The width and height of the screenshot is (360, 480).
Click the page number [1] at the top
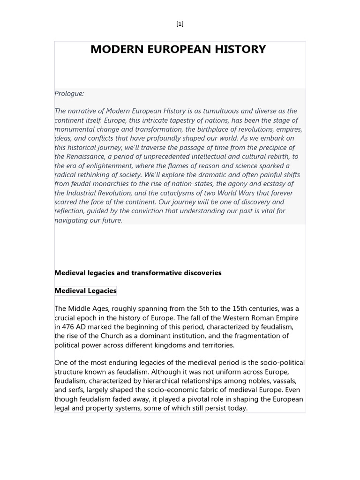coord(180,24)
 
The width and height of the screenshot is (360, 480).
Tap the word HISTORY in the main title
coord(239,49)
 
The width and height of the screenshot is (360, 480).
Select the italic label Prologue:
coord(69,93)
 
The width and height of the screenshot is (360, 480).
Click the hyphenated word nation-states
coord(217,184)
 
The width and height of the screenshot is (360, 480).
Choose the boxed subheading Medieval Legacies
coord(85,291)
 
